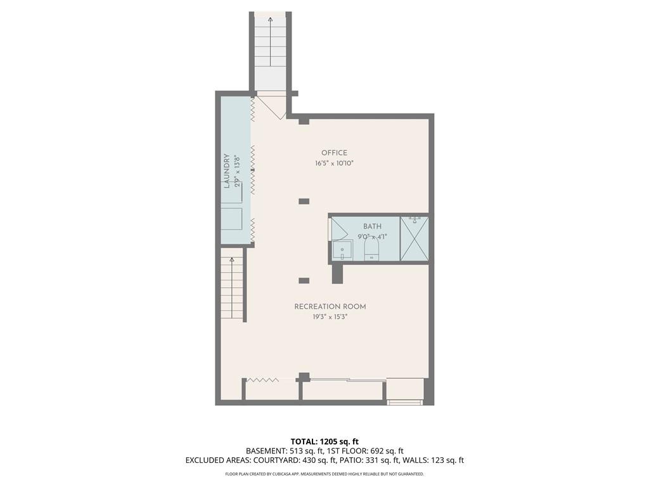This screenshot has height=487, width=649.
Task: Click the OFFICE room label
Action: (334, 153)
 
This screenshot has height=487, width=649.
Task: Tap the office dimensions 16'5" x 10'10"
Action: (334, 163)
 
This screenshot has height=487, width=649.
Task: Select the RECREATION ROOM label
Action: (330, 307)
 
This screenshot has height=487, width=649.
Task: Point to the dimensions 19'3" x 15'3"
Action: (330, 317)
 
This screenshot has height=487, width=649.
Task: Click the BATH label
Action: (372, 226)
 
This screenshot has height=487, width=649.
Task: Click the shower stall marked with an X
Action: (414, 239)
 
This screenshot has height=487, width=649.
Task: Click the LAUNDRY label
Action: (226, 171)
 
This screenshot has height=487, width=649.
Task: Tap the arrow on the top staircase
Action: (271, 21)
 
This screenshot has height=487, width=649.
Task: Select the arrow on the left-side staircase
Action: (232, 259)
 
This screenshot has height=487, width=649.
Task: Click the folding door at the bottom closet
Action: (262, 380)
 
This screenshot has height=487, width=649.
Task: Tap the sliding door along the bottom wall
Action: (345, 380)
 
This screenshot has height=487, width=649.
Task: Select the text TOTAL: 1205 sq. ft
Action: (324, 441)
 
